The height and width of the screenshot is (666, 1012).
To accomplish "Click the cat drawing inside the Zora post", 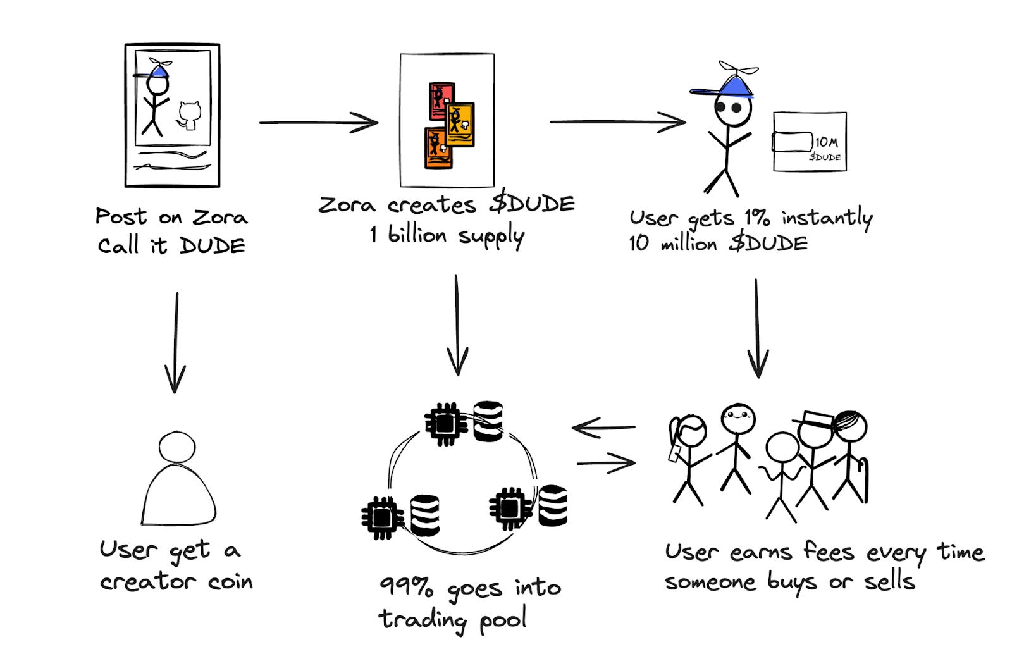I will pos(188,115).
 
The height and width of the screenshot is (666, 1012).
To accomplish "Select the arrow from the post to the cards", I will pos(318,122).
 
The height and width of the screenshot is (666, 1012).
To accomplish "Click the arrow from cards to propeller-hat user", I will pos(617,121).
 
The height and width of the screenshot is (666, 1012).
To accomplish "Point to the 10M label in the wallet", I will pos(826,142).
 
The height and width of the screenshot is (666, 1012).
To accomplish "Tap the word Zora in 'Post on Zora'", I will pos(219,217).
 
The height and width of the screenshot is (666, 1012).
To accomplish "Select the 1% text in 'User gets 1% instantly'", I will pos(756,218).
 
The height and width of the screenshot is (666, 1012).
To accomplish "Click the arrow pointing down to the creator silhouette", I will pos(176,342).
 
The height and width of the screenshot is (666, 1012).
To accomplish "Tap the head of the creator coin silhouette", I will pos(177,447).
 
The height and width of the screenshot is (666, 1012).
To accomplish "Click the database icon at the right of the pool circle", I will pos(553,505).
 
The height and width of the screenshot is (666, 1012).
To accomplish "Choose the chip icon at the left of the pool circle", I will pos(382,517).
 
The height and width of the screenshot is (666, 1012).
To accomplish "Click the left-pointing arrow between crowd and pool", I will pos(603,428).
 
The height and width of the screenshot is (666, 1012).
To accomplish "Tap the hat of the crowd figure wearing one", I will pos(814,419).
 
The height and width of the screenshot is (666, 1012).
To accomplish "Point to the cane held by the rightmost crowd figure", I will pos(863,477).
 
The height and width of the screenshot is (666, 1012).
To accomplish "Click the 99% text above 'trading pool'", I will pos(407,586).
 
